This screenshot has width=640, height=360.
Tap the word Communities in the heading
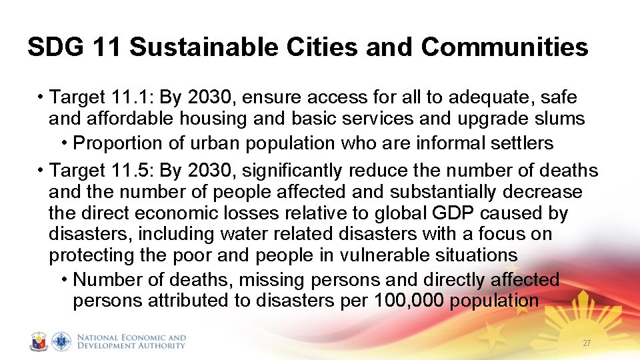505,47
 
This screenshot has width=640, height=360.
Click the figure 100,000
409,301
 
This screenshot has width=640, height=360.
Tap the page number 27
587,343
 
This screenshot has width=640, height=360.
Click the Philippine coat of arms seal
39,341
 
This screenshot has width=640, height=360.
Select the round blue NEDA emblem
61,341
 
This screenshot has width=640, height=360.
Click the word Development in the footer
107,345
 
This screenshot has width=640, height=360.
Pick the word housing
202,119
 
